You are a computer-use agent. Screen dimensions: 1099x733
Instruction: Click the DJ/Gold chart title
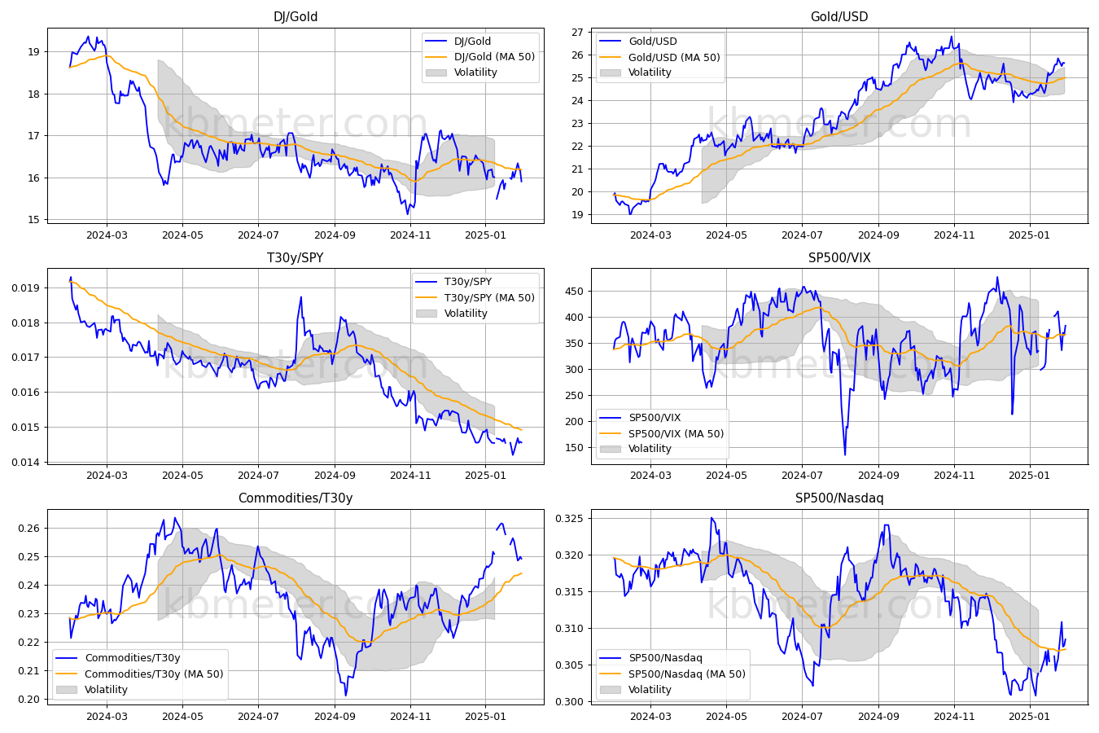point(296,16)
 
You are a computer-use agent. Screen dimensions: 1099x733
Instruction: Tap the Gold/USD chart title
point(839,16)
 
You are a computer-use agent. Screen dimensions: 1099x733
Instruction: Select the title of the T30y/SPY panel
point(296,257)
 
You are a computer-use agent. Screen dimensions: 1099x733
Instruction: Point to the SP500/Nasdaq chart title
point(839,498)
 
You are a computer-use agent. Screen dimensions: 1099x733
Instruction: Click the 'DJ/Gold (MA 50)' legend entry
point(494,56)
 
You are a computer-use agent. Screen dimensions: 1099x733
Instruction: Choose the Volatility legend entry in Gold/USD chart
point(650,72)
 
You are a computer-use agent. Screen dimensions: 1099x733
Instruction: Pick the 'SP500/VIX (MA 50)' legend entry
point(676,433)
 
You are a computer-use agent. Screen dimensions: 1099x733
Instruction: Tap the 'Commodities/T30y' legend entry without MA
point(133,658)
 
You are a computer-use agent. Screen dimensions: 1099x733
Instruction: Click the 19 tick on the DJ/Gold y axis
point(34,51)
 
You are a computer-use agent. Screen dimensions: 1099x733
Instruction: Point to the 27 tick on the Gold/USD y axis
point(577,33)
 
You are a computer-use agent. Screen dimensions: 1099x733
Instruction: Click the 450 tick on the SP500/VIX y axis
point(575,292)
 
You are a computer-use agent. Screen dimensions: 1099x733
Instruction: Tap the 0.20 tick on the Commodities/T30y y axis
point(29,699)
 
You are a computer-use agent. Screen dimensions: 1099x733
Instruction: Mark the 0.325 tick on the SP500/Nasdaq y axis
point(570,519)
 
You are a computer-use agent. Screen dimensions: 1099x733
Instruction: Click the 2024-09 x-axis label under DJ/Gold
point(335,235)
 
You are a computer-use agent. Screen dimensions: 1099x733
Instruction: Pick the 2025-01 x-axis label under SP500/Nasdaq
point(1029,717)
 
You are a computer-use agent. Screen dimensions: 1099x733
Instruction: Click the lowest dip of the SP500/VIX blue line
point(845,454)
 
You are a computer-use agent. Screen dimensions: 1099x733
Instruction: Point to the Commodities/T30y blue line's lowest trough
point(345,696)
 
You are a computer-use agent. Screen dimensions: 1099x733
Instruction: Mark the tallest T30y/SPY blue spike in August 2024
point(300,297)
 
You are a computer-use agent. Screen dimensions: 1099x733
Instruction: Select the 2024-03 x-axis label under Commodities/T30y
point(107,717)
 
